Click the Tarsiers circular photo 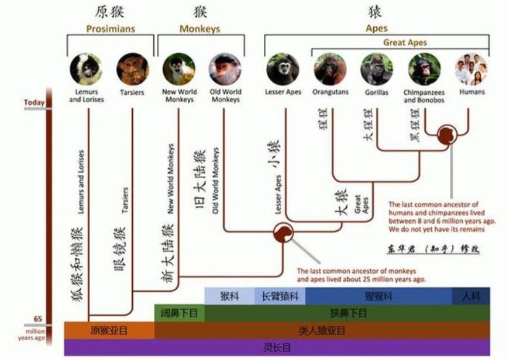click(x=132, y=69)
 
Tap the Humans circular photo click(x=471, y=69)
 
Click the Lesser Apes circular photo click(x=283, y=69)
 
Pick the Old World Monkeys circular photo click(x=225, y=69)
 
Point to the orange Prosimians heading click(x=111, y=29)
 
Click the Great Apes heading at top click(x=405, y=42)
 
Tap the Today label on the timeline click(x=35, y=103)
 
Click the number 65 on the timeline click(x=38, y=319)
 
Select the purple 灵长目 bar click(x=277, y=347)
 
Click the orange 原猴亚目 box click(x=109, y=330)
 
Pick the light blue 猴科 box click(x=229, y=296)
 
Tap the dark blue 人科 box click(x=470, y=296)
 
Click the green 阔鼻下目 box click(x=180, y=313)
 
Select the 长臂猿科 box click(x=280, y=296)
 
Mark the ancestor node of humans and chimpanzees click(x=447, y=135)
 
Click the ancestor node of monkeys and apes click(x=284, y=232)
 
